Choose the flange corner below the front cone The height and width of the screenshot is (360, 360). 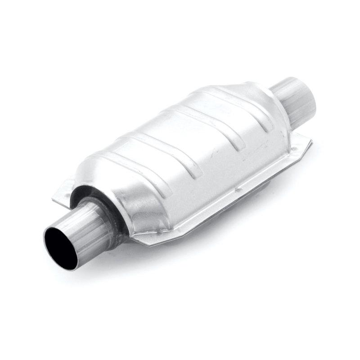coord(148,243)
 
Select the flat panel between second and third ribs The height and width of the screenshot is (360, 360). coord(189,148)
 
